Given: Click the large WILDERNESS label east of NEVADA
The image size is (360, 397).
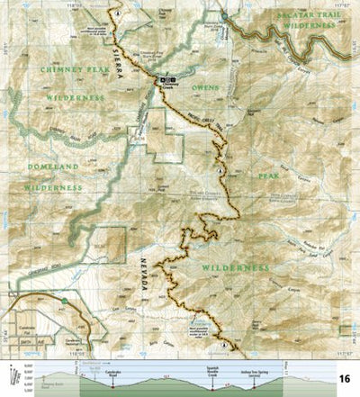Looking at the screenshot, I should pos(235,267).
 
